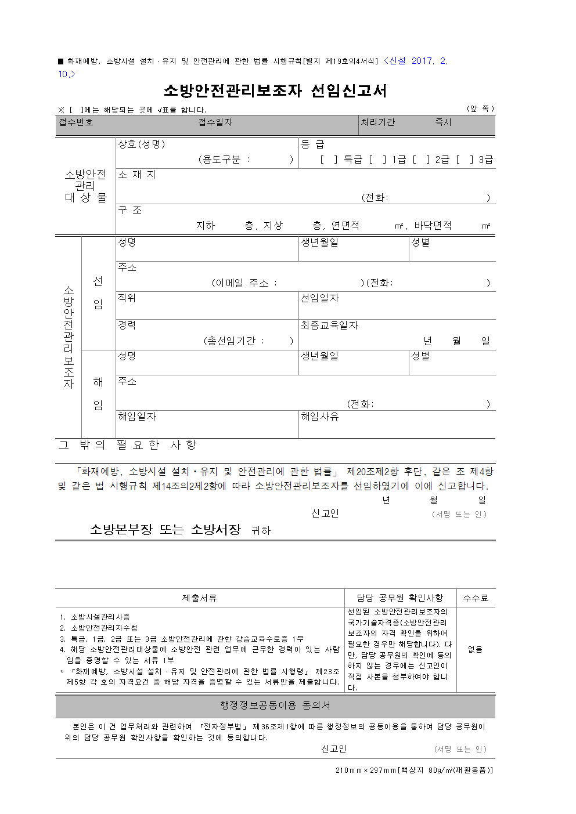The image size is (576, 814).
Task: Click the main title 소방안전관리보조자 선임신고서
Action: (275, 91)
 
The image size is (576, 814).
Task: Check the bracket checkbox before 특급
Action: (329, 160)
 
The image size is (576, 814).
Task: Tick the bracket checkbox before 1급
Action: (377, 160)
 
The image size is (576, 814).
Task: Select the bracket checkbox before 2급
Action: (421, 160)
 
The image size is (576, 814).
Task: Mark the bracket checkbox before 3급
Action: (465, 160)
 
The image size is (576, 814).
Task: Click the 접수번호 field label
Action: (76, 122)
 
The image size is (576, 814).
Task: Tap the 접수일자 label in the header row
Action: (215, 122)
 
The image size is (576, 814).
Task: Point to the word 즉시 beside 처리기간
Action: (443, 122)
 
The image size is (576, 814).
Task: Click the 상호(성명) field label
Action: (142, 144)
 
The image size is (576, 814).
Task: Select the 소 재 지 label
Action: (137, 175)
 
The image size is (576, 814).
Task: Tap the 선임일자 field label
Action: (320, 298)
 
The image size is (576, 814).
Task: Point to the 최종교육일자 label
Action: (329, 325)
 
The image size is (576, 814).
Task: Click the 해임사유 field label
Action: (320, 417)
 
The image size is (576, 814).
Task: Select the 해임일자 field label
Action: (137, 417)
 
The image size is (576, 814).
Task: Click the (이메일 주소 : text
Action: (244, 283)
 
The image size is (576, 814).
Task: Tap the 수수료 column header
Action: (476, 598)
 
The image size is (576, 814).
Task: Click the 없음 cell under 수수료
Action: (476, 649)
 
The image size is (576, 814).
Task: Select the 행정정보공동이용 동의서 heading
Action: (275, 706)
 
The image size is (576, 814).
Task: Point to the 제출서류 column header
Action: (200, 598)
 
